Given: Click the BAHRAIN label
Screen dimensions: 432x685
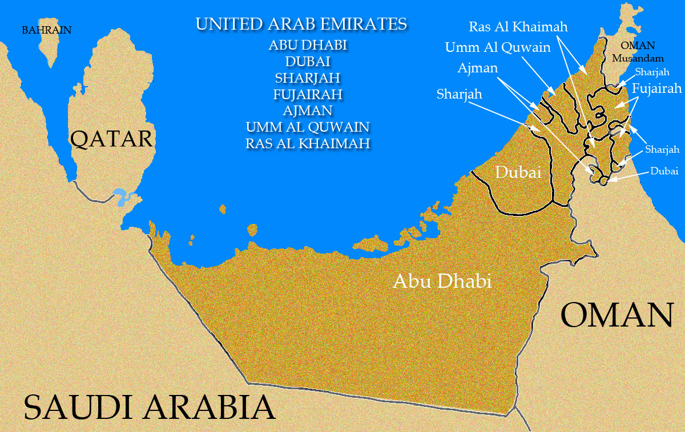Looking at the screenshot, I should [x=47, y=30].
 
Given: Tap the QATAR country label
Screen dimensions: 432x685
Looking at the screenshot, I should [x=112, y=138].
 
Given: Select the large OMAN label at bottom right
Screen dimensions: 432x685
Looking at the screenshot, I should [x=617, y=315].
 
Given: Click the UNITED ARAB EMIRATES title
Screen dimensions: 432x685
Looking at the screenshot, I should [x=301, y=24].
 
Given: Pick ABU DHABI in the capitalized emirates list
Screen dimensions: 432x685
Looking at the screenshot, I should [x=308, y=45].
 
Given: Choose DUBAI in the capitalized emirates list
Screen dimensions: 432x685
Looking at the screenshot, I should [x=308, y=62].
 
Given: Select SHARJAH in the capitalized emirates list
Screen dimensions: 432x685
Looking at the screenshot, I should [x=308, y=78].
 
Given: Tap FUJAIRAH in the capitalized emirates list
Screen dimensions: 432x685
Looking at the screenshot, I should [x=308, y=94].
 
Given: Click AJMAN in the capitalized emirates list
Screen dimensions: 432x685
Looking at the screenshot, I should [x=308, y=110].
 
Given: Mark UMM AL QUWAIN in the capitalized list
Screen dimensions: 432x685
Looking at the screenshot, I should [x=308, y=127].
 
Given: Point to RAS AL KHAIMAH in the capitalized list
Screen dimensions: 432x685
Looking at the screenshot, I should [x=308, y=143].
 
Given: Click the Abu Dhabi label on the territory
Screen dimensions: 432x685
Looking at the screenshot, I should [x=442, y=281].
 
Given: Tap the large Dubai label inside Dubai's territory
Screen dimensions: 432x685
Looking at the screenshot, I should [x=518, y=172].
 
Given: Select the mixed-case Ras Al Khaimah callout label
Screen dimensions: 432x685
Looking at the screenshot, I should [x=518, y=27].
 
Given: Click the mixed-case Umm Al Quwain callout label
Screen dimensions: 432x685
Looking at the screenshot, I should [x=498, y=47].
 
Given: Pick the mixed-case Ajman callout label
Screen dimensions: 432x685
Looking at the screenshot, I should [x=478, y=68].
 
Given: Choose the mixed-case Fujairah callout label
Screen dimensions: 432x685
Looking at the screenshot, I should [x=657, y=89].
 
